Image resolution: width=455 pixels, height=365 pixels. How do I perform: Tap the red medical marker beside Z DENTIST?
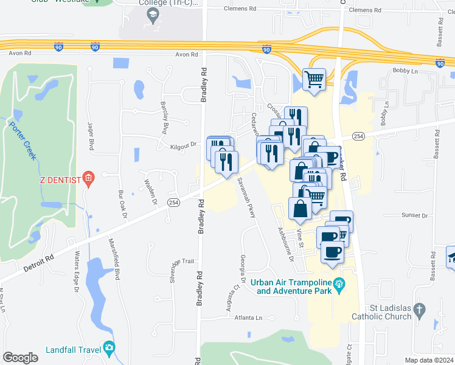coord(89,179)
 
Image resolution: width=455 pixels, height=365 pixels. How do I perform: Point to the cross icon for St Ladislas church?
coord(418,311)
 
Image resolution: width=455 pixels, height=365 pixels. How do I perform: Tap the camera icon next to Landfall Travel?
coord(109,349)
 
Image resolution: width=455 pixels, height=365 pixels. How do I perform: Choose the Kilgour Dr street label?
coord(185,144)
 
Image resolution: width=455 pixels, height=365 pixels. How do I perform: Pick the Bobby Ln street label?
coord(403,72)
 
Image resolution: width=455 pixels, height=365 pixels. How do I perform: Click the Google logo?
coord(21,358)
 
